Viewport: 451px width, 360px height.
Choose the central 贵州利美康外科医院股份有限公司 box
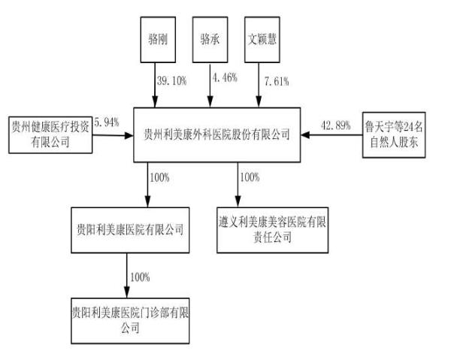coord(216,135)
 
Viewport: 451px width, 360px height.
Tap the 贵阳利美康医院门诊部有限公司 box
coord(126,317)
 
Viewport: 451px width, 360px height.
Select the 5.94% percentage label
coord(106,123)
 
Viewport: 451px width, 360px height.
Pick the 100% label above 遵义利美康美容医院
coord(250,178)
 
